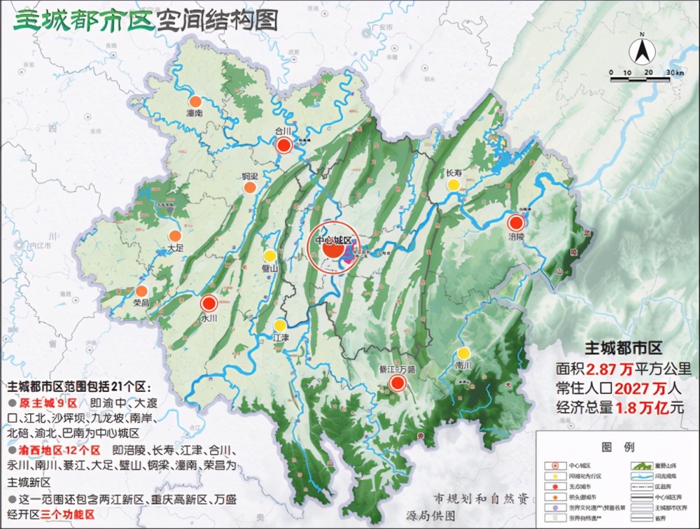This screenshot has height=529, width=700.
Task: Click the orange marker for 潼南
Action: (x=195, y=101)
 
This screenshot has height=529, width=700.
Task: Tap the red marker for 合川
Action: (x=283, y=145)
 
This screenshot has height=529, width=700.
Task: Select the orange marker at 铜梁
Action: (x=249, y=188)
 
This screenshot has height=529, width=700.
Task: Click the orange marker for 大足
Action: (x=175, y=236)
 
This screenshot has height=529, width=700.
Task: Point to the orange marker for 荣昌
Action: (x=141, y=290)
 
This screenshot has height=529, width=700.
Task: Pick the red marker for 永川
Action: (x=209, y=304)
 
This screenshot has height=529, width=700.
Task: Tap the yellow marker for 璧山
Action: (x=269, y=255)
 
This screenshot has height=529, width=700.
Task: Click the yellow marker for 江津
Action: (x=279, y=325)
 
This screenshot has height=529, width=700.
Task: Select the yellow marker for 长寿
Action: (x=454, y=185)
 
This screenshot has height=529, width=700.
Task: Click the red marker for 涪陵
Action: (x=516, y=223)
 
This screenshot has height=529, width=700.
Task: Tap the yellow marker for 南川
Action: (x=463, y=353)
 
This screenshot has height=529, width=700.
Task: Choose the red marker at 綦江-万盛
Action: (x=398, y=382)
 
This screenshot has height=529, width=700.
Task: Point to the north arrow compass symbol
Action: (x=641, y=50)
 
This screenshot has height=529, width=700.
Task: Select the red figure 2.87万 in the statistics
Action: (x=605, y=369)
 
